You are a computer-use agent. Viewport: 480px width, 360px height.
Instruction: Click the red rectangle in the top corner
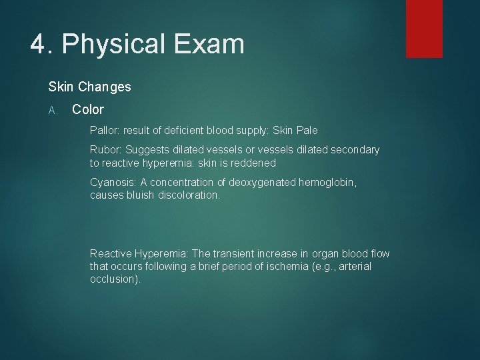click(424, 29)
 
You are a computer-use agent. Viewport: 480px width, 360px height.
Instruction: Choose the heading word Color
click(88, 109)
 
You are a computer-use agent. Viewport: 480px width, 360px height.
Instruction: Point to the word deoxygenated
click(263, 183)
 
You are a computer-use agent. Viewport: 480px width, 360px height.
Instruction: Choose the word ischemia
click(283, 266)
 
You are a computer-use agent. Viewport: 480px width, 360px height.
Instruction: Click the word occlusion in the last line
click(113, 279)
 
